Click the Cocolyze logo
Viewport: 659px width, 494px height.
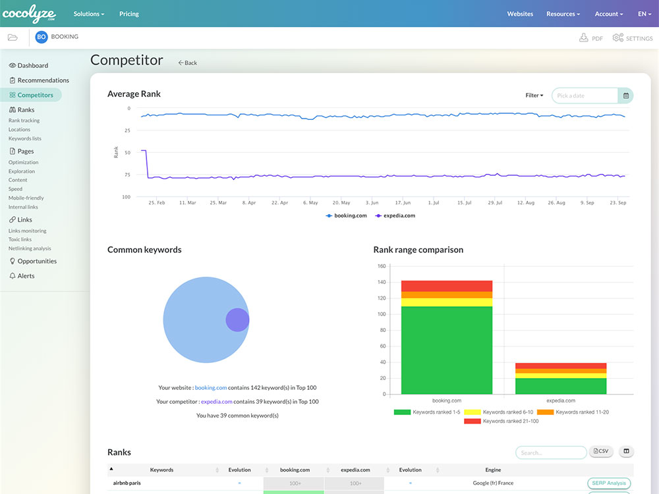point(29,14)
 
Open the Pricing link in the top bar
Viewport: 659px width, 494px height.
point(129,14)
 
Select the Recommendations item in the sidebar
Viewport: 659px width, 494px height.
point(43,80)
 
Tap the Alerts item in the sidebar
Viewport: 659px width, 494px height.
point(26,276)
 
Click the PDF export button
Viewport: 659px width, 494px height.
point(591,38)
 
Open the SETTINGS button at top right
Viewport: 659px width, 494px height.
point(633,38)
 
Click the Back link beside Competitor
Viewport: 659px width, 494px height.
point(188,63)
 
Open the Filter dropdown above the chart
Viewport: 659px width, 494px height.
point(534,96)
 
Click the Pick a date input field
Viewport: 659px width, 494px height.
point(585,96)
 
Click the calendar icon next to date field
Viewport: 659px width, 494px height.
point(625,96)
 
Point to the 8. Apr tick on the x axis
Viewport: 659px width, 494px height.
point(248,203)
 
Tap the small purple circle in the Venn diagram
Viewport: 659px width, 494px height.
point(237,320)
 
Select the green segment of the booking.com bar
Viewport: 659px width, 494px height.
point(447,350)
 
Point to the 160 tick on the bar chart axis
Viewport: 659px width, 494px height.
point(382,266)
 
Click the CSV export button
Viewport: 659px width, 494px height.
point(601,451)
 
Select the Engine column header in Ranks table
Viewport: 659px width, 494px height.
point(493,470)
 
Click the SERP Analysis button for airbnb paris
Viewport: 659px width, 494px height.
point(608,483)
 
